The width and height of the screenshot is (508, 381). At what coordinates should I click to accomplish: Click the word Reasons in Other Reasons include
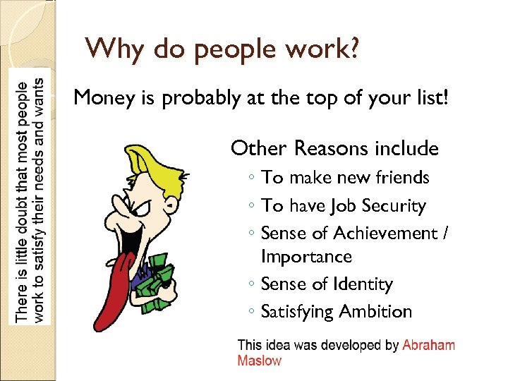coord(327,148)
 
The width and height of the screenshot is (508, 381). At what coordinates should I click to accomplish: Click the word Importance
coord(306,257)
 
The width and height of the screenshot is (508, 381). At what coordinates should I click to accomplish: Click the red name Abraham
coord(428,346)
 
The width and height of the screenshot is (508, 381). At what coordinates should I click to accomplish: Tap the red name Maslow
coord(259,361)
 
